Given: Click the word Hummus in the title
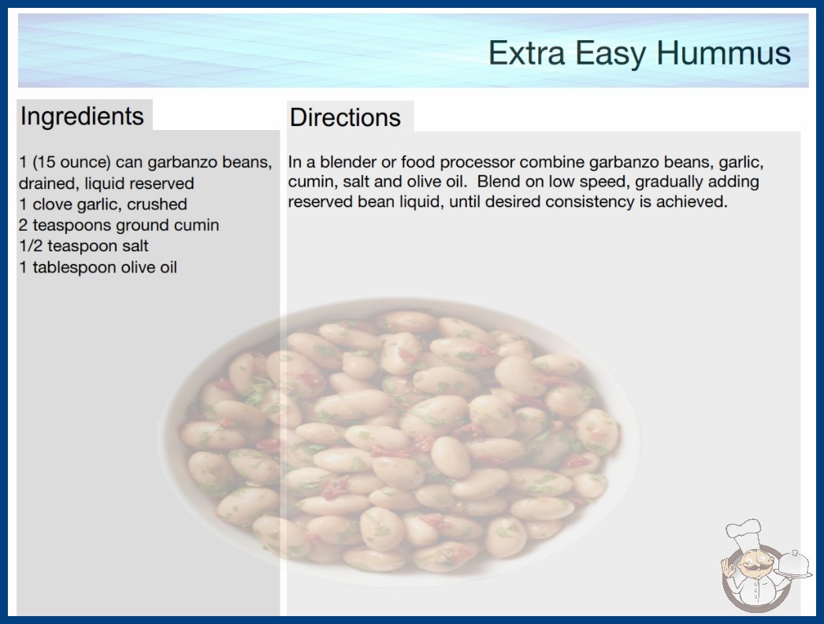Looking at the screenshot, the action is click(x=723, y=53).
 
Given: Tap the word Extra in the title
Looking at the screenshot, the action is click(x=526, y=53).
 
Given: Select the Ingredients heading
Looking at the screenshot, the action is click(x=82, y=117).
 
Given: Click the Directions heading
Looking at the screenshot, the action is click(x=345, y=117).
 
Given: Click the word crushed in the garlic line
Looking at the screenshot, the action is click(x=157, y=204).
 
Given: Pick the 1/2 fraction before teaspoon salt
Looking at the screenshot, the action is click(x=31, y=246).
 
